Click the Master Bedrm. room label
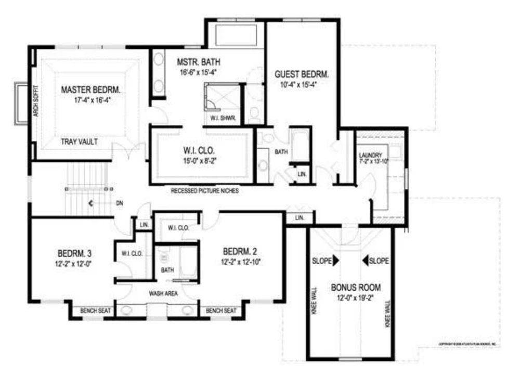pyautogui.click(x=90, y=89)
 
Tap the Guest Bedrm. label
pyautogui.click(x=302, y=74)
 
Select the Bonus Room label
pyautogui.click(x=356, y=287)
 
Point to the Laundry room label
pyautogui.click(x=371, y=155)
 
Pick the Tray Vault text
pyautogui.click(x=79, y=141)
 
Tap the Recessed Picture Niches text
pyautogui.click(x=204, y=191)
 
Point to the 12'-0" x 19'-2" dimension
pyautogui.click(x=356, y=297)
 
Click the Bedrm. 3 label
pyautogui.click(x=74, y=253)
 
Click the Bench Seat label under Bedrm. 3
pyautogui.click(x=96, y=311)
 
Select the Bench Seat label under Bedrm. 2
pyautogui.click(x=222, y=311)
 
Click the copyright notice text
pyautogui.click(x=468, y=344)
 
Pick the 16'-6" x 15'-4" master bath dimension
pyautogui.click(x=196, y=72)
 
